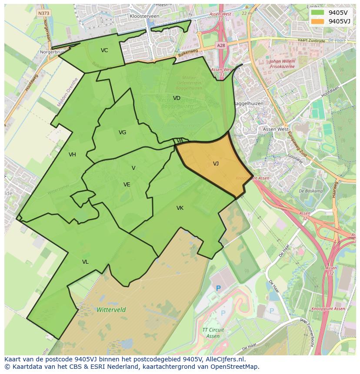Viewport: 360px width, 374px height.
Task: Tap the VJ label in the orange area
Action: [216, 164]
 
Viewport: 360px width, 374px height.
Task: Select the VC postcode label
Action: [104, 50]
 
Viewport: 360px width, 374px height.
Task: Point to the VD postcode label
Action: [177, 98]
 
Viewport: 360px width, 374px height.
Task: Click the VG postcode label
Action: [122, 132]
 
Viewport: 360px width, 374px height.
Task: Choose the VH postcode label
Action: [72, 155]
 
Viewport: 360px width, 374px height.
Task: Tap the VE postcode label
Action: [127, 185]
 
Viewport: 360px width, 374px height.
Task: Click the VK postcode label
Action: [180, 208]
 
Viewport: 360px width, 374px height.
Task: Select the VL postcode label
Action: [85, 262]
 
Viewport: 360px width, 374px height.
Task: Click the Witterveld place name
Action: [111, 310]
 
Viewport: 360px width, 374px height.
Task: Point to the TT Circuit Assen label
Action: [213, 333]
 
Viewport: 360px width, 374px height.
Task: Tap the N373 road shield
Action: [43, 13]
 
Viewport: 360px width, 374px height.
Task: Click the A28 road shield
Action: [220, 45]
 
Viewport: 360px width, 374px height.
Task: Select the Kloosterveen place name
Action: [144, 16]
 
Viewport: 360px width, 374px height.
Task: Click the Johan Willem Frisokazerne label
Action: [282, 64]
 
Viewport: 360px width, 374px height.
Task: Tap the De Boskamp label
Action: [311, 191]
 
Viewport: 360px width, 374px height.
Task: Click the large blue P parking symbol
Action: [218, 288]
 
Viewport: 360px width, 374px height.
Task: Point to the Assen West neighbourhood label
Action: [276, 129]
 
